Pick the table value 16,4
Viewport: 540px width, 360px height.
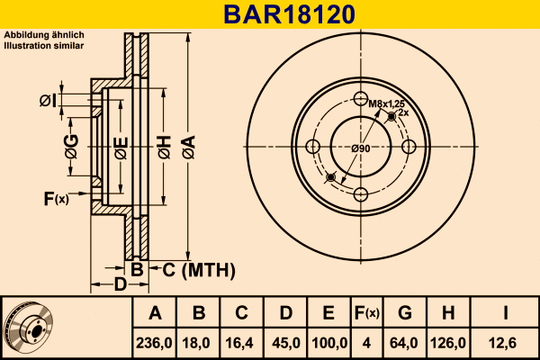[242, 342]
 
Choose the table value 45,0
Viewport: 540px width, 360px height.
[285, 342]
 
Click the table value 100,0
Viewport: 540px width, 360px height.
[329, 342]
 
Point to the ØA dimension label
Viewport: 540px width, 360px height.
[188, 147]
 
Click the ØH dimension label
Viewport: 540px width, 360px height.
[165, 147]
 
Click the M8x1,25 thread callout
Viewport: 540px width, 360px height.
[384, 103]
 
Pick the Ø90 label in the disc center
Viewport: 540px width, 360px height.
[361, 148]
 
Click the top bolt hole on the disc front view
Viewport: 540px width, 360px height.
[361, 99]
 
